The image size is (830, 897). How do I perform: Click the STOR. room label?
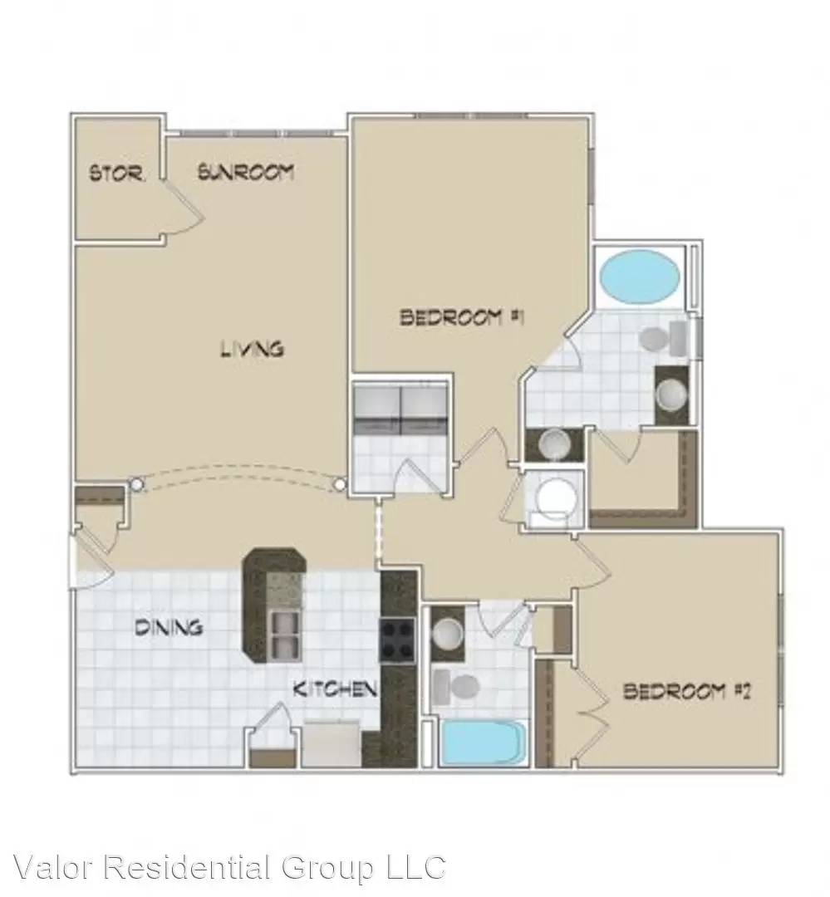coord(117,173)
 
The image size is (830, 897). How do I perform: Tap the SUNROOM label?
coord(246,172)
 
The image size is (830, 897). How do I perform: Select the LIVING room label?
coord(253,348)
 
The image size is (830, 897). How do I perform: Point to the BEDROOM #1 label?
coord(462,316)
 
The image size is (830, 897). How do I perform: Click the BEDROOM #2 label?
coord(686,692)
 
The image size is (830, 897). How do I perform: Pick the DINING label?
coord(169,628)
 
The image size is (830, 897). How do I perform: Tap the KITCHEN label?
coord(335,689)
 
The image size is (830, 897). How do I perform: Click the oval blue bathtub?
coord(640,277)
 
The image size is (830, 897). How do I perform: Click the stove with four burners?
coord(397,640)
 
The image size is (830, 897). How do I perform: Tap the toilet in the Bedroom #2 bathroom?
coord(455,687)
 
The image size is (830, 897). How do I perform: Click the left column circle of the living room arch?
coord(136,484)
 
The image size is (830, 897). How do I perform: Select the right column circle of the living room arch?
coord(340,485)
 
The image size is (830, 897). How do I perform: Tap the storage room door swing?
coord(184,206)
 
